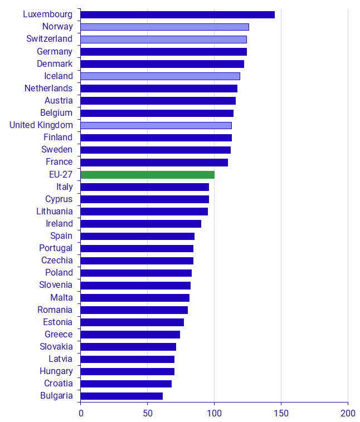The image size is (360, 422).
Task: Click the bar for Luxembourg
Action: (177, 14)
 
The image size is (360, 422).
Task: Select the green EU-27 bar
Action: (147, 175)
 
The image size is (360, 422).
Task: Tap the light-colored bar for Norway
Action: (164, 27)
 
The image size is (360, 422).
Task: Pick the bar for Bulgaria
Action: (121, 396)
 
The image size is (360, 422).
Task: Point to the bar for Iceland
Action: (160, 76)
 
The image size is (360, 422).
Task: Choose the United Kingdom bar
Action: (156, 125)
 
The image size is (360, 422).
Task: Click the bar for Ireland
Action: (140, 224)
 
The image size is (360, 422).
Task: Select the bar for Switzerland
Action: (163, 39)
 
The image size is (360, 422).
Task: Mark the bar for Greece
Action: (130, 335)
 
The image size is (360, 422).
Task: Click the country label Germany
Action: (55, 51)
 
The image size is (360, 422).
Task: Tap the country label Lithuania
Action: (54, 212)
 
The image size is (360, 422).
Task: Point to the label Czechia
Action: (57, 261)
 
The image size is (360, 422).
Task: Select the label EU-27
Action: (61, 175)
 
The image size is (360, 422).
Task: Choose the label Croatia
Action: (58, 384)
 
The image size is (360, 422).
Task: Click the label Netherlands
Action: (48, 89)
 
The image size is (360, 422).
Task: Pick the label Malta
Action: (61, 298)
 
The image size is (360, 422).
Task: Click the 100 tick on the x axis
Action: (214, 414)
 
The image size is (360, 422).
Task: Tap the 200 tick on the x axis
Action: (348, 414)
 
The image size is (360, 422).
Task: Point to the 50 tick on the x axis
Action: (147, 414)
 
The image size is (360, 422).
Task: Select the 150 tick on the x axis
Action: (281, 414)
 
